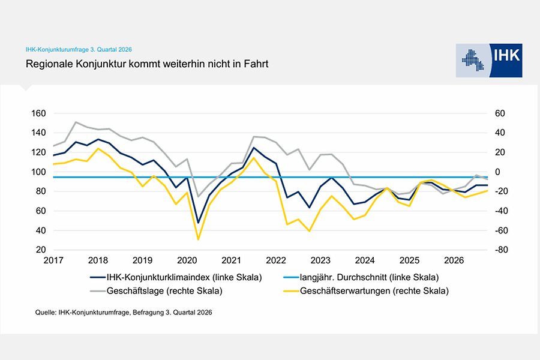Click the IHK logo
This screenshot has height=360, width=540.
489,60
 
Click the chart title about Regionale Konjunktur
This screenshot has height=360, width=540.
147,64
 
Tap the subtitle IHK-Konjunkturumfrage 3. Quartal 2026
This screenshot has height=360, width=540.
79,50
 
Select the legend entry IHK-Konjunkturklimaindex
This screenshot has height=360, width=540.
176,277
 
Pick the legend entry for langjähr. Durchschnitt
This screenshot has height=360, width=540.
361,277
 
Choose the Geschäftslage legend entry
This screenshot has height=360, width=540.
157,291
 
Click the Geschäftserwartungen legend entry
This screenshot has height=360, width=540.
366,291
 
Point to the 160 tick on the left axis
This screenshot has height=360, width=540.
38,113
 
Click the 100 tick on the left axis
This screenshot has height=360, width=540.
38,172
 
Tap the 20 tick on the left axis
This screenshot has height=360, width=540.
41,250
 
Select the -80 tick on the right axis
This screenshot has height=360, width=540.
501,250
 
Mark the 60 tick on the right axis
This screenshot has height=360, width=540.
500,113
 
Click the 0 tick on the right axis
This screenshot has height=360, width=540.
497,172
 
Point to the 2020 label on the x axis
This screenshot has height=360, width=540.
187,260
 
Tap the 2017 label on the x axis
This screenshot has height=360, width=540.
53,260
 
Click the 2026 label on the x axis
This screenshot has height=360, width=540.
454,260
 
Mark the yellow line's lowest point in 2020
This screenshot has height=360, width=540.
198,239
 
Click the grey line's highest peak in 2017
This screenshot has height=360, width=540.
76,122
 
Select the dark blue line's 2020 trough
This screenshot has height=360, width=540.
198,223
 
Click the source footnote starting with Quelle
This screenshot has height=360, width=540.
124,313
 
